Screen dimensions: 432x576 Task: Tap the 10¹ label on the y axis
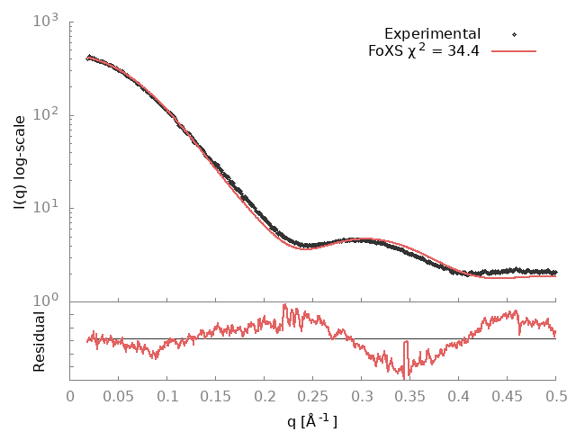46,208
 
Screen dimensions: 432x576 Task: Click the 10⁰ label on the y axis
46,301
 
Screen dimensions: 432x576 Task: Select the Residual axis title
39,341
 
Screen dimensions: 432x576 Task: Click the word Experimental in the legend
432,34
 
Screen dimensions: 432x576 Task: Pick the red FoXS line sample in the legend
514,50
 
